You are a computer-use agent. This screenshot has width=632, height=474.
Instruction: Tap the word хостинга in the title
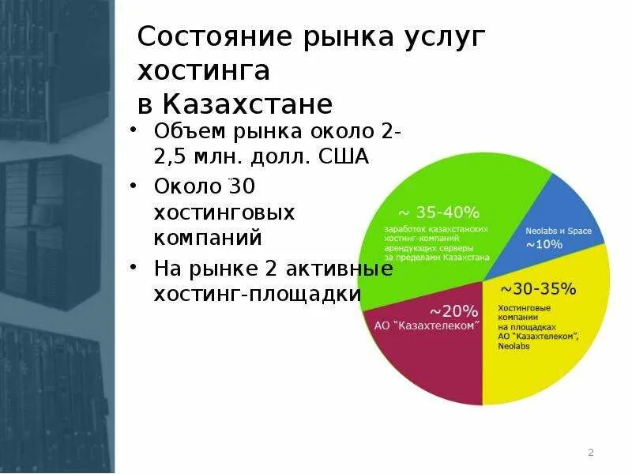click(204, 70)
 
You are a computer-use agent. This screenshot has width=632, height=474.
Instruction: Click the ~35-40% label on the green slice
click(438, 213)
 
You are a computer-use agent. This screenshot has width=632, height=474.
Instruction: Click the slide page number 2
click(590, 453)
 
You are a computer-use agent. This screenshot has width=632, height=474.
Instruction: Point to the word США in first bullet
click(344, 156)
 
